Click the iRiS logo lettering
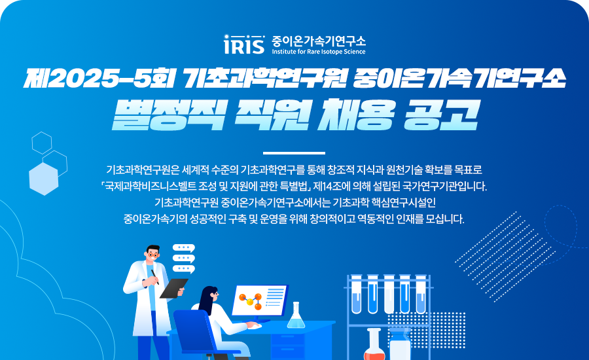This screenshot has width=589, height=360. pyautogui.click(x=244, y=45)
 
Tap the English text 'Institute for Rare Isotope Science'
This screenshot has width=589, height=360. pyautogui.click(x=319, y=52)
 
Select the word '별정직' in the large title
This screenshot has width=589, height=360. pyautogui.click(x=169, y=115)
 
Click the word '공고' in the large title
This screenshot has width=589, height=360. pyautogui.click(x=440, y=115)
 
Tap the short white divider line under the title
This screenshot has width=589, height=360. pyautogui.click(x=294, y=153)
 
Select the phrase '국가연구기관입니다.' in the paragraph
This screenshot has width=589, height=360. pyautogui.click(x=444, y=186)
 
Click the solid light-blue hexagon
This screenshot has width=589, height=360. pyautogui.click(x=44, y=179)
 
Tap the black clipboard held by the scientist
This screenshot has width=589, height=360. pyautogui.click(x=173, y=288)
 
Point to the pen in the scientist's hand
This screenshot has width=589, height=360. pyautogui.click(x=154, y=277)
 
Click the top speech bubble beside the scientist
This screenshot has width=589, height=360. pyautogui.click(x=184, y=248)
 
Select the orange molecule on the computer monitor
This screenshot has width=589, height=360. pyautogui.click(x=251, y=300)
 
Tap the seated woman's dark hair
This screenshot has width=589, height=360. pyautogui.click(x=207, y=298)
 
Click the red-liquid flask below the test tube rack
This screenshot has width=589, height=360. pyautogui.click(x=374, y=345)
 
